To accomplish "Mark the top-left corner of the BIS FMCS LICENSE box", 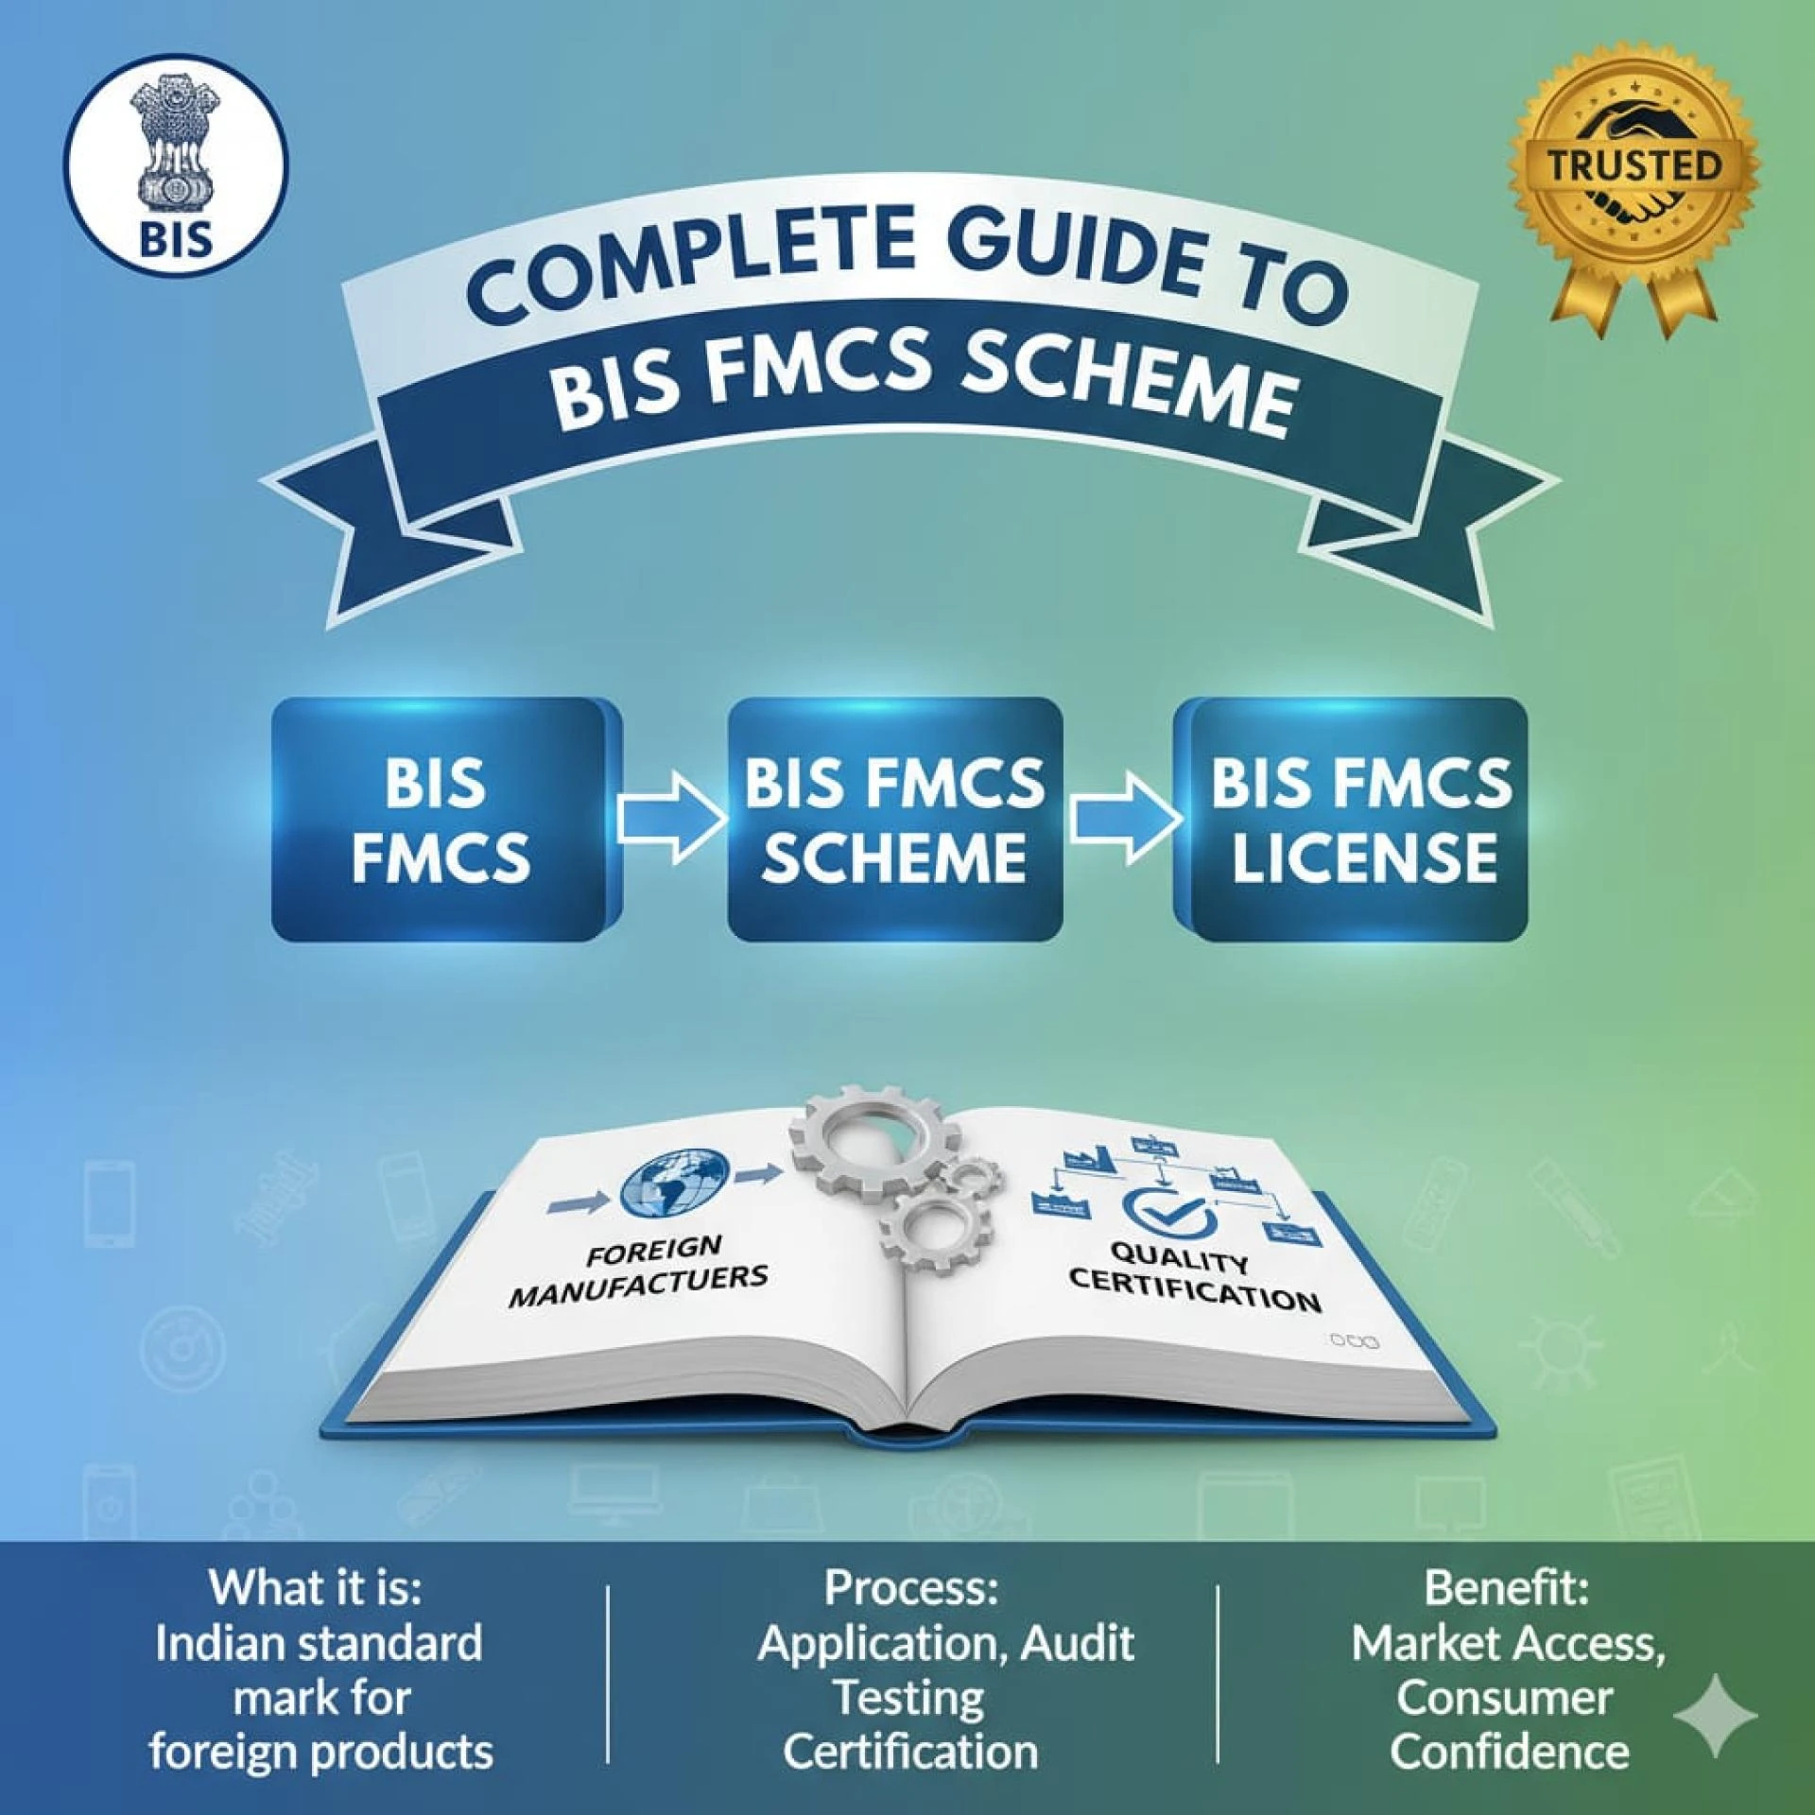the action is point(1175,700).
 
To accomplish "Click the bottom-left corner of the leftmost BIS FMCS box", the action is point(273,940).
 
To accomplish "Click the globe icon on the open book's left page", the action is point(674,1183).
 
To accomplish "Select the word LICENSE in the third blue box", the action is point(1364,857).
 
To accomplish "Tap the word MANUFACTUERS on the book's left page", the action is point(639,1287).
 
